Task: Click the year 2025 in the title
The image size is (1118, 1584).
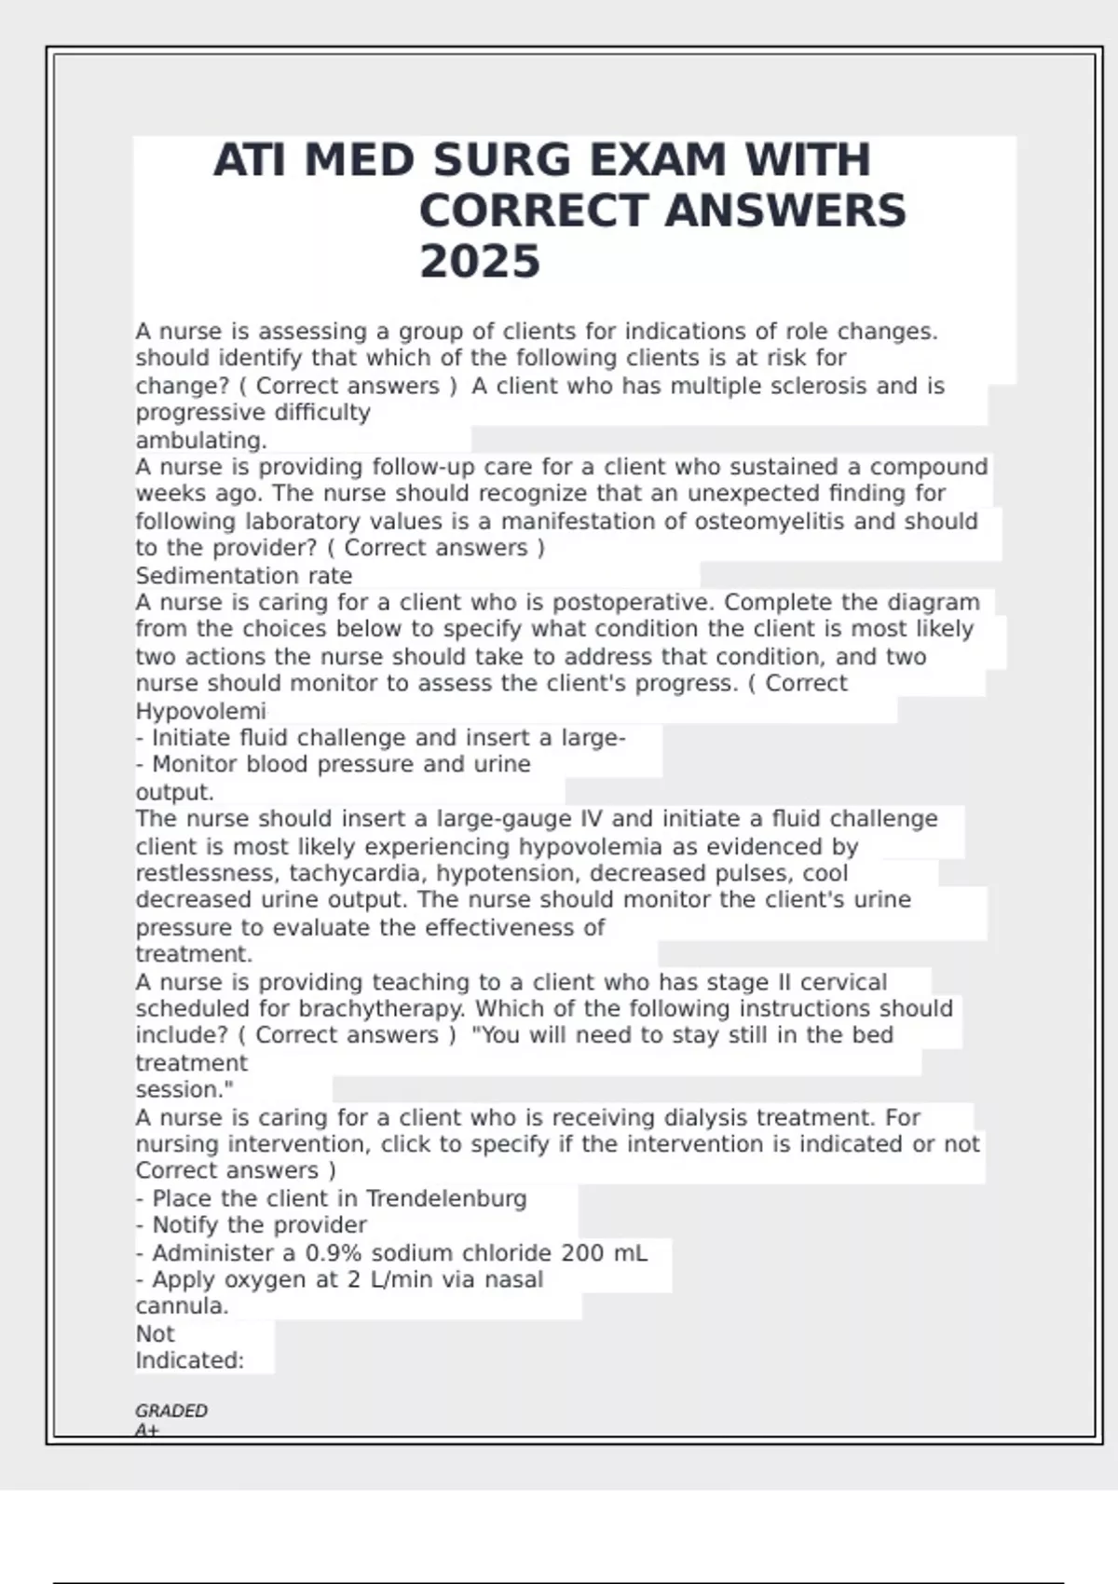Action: pos(479,261)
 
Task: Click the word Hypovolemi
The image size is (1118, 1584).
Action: pos(200,711)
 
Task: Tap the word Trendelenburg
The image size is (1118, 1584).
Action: pos(446,1198)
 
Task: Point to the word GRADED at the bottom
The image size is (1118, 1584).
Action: pos(171,1411)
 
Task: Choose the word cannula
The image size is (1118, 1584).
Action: pos(182,1306)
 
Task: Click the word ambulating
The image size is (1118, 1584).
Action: pos(201,440)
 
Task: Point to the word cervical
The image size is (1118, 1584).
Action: pos(843,982)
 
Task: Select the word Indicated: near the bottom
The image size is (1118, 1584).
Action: pos(189,1360)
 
